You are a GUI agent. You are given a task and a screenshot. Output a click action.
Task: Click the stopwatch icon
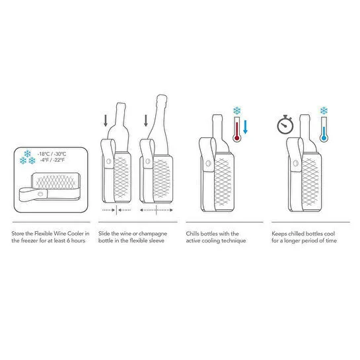coord(285,125)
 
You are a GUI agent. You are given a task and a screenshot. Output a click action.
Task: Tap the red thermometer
coord(236,129)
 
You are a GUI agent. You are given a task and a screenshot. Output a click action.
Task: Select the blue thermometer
coord(324,129)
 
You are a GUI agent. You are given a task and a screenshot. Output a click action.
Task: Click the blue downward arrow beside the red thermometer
coord(245,127)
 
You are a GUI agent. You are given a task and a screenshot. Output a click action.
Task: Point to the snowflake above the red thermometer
coord(236,111)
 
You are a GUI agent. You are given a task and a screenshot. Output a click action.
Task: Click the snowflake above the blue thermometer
coord(324,111)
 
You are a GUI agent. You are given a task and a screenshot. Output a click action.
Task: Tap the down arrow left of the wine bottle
coord(106,120)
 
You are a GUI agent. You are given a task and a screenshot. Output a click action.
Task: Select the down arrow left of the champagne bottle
coord(146,120)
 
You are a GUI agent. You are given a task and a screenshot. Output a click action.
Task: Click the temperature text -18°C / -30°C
coord(52,154)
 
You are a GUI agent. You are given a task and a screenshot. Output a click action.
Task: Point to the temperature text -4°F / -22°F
coord(52,160)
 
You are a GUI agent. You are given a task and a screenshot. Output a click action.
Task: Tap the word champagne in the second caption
coord(153,234)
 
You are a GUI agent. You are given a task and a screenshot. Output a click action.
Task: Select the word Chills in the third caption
coord(192,234)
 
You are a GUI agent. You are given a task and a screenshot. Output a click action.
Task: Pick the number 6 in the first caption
coord(68,240)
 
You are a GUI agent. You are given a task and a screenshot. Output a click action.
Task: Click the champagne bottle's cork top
coord(162,98)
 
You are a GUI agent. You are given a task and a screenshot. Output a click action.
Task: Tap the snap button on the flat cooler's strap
coord(40,194)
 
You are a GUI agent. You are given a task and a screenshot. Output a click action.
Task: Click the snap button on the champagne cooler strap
coord(148,161)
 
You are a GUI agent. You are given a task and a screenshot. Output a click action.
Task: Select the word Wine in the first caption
coord(60,234)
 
